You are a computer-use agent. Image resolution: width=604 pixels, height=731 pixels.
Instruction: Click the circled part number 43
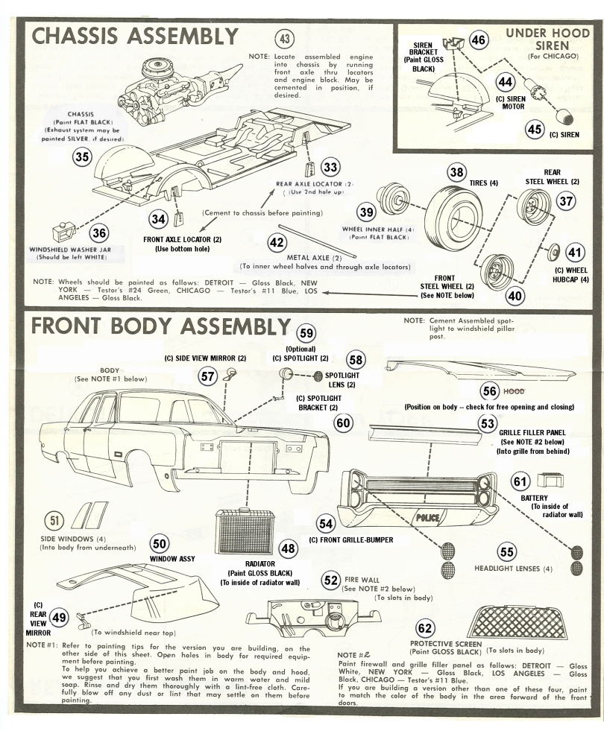pyautogui.click(x=284, y=39)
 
